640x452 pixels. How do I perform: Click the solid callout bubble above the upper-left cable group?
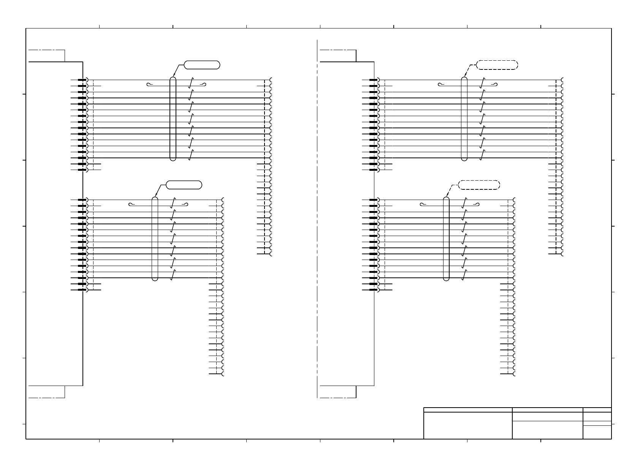tap(202, 65)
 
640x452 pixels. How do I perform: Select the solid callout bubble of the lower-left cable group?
tap(184, 185)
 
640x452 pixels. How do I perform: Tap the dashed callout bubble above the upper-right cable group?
tap(497, 65)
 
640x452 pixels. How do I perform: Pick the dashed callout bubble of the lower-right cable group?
tap(479, 185)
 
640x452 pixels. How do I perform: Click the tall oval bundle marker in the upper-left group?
tap(173, 119)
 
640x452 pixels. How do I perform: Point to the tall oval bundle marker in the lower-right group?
tap(446, 239)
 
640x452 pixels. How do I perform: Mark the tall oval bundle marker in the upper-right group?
tap(464, 119)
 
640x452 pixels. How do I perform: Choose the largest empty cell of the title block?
tap(468, 425)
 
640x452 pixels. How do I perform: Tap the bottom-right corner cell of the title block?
tap(597, 432)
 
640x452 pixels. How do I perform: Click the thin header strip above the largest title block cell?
tap(468, 410)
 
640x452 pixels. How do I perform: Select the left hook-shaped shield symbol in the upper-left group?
tap(149, 84)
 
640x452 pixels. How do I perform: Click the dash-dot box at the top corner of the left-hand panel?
tap(47, 55)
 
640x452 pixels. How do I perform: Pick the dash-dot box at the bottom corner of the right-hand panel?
tap(338, 392)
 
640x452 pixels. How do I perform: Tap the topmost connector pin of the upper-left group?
tap(82, 80)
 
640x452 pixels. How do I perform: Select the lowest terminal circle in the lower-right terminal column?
tap(515, 374)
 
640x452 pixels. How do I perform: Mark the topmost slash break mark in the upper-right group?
tap(483, 83)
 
